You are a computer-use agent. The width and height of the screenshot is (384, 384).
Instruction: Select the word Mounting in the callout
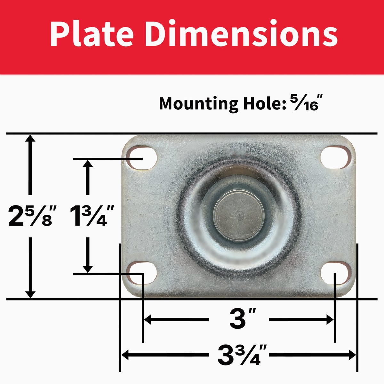(x=199, y=104)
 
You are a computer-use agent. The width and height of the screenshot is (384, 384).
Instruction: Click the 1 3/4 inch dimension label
(x=92, y=216)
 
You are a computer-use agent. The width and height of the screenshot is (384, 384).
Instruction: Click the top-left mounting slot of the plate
(x=141, y=158)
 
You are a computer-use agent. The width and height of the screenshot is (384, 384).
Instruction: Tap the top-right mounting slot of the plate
(x=336, y=157)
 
